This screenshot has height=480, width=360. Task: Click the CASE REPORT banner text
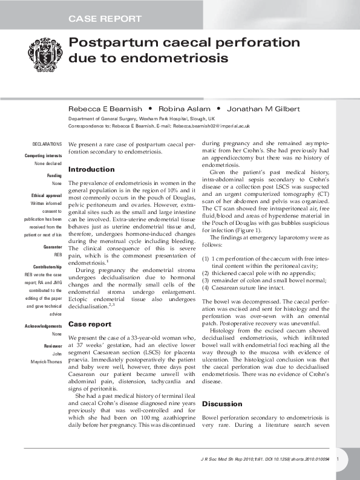[104, 19]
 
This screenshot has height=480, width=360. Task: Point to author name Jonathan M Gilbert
[264, 109]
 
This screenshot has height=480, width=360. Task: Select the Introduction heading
[91, 169]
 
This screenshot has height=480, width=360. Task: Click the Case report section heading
[90, 323]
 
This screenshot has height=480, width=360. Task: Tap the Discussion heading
[221, 403]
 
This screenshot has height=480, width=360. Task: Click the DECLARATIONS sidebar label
[47, 144]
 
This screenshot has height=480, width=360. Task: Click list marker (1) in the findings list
[205, 258]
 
